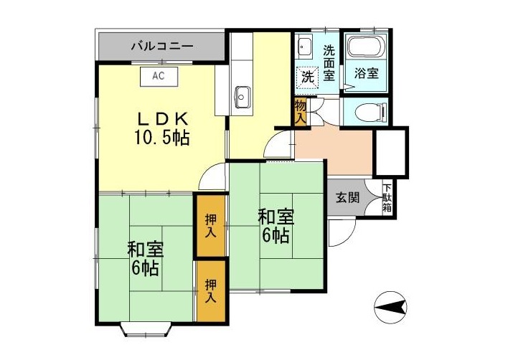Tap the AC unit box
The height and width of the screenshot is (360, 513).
tap(159, 74)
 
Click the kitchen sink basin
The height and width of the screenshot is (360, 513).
tap(243, 94)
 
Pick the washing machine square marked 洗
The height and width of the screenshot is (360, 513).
tap(308, 76)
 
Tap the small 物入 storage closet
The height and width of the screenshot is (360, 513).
tap(301, 113)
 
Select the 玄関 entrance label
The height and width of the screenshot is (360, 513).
tap(347, 198)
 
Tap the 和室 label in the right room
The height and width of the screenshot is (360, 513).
tap(276, 216)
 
